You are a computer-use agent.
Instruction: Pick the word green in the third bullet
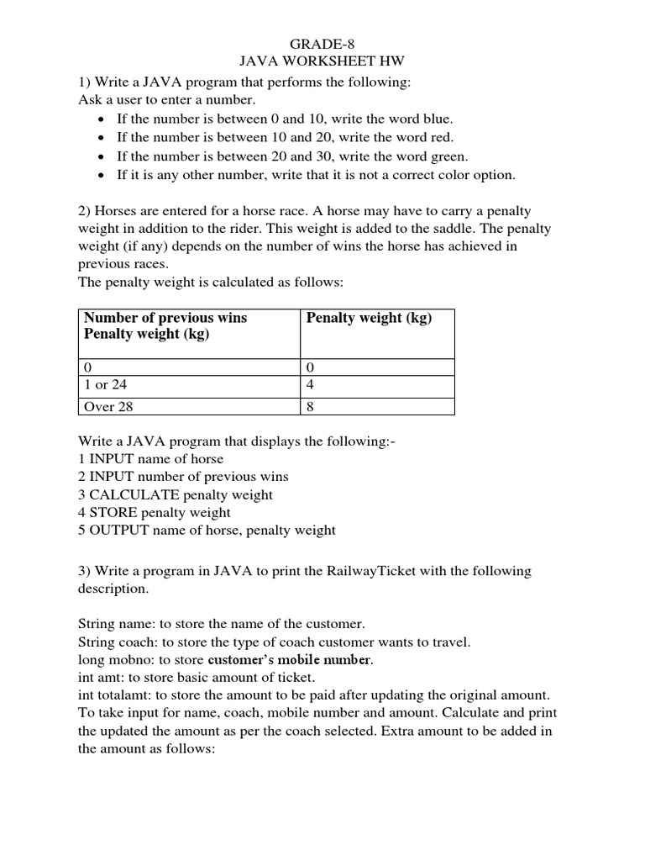point(428,156)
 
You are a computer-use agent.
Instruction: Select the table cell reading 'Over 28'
point(108,407)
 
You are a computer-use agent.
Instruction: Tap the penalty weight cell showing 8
point(311,407)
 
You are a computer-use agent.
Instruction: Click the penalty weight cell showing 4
point(311,385)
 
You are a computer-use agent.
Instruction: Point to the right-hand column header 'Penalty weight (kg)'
point(369,319)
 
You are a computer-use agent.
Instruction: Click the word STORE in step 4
point(113,512)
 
